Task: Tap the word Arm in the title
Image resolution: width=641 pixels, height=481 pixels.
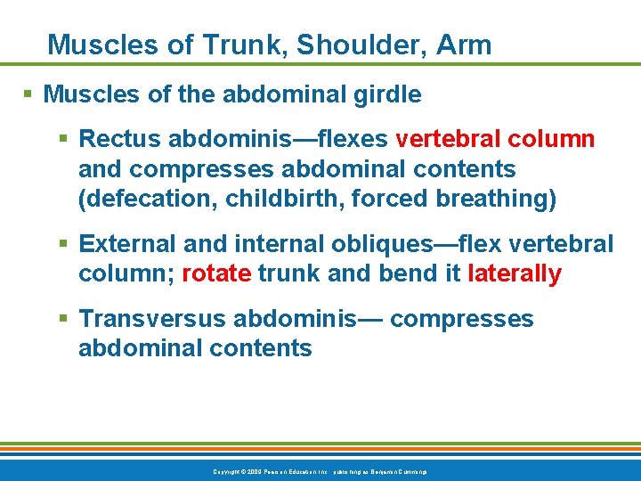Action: click(x=464, y=45)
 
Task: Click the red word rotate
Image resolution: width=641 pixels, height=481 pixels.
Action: click(x=216, y=273)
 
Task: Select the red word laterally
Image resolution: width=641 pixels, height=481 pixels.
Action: click(x=515, y=273)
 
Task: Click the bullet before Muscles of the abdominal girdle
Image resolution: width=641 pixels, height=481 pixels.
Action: click(x=29, y=94)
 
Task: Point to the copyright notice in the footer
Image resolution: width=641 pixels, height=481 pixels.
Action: click(x=320, y=471)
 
